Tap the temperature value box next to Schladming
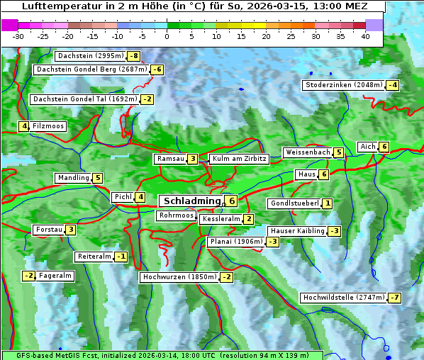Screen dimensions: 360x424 [231, 201]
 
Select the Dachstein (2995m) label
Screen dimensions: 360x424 [90, 56]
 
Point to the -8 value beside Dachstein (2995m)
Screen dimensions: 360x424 [133, 56]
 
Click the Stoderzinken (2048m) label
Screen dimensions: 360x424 [343, 85]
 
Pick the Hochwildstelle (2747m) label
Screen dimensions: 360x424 [344, 298]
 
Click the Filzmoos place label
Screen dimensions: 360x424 [48, 126]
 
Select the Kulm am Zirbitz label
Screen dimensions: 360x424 [239, 159]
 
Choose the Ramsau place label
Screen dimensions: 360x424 [171, 159]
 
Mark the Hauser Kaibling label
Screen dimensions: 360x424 [297, 231]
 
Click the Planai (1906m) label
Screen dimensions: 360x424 [236, 242]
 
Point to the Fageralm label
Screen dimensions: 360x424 [56, 276]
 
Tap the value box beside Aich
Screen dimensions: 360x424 [384, 147]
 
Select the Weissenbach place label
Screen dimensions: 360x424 [308, 152]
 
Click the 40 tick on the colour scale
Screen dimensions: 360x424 [365, 36]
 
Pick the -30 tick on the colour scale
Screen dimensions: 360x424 [18, 36]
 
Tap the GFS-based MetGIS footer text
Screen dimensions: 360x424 [57, 355]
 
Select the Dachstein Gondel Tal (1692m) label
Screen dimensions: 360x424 [85, 99]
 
